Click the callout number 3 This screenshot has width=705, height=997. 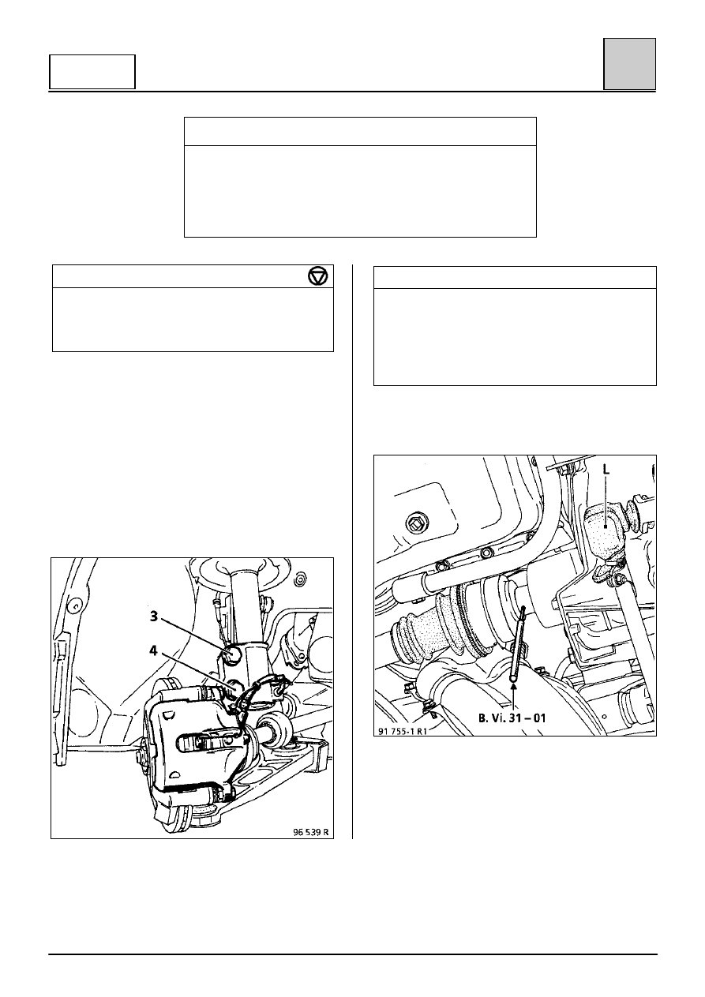pos(153,617)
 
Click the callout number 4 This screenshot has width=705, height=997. pos(153,650)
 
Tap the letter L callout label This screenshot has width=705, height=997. pos(606,470)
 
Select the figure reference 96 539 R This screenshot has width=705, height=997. pos(311,832)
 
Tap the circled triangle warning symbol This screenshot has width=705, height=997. pos(318,276)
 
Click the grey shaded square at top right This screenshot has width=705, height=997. pos(629,64)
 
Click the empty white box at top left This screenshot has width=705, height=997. pos(92,72)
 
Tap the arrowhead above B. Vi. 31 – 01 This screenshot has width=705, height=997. pos(514,686)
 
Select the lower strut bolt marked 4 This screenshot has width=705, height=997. pos(232,686)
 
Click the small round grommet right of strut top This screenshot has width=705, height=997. pos(301,579)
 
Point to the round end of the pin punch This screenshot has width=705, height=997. pos(514,678)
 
